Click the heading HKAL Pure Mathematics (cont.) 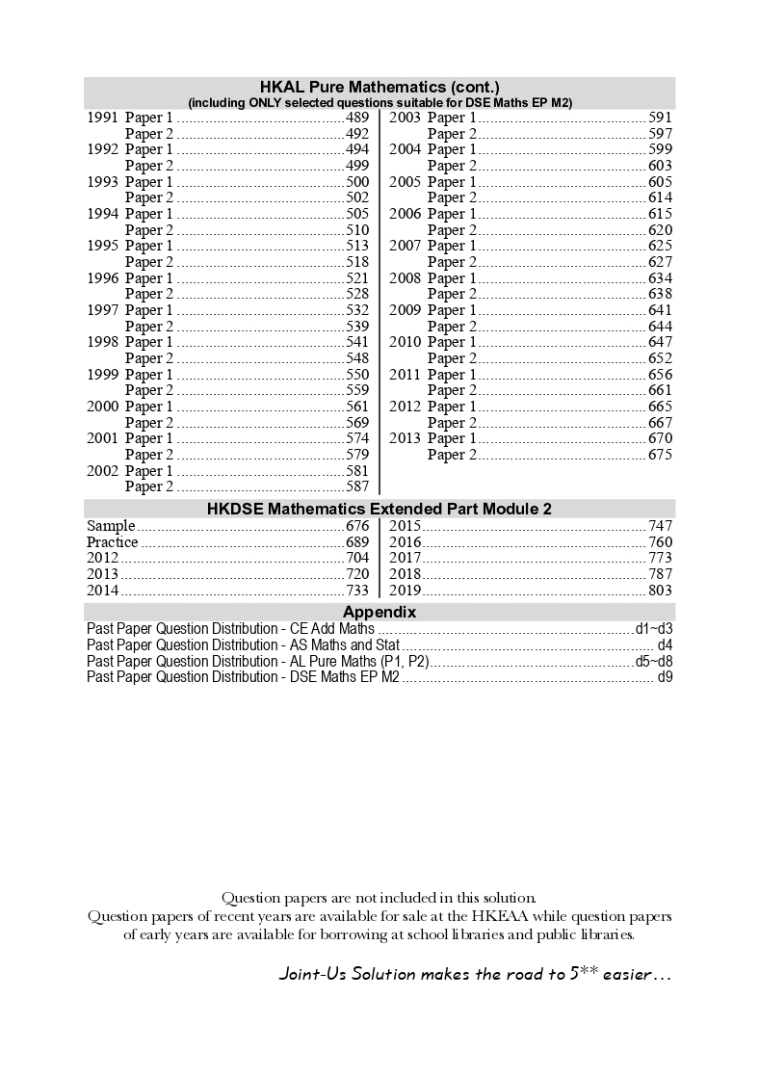[379, 86]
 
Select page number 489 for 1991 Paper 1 [356, 118]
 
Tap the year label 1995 [102, 246]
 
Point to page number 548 [356, 358]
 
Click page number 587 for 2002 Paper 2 [356, 487]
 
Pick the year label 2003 [405, 118]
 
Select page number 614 [660, 197]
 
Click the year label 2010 [405, 342]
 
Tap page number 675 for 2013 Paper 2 [660, 455]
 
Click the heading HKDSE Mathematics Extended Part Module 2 [379, 509]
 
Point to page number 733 [356, 591]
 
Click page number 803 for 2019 [660, 591]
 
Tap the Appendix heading [379, 612]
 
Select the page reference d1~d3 [653, 629]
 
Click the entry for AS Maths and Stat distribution [243, 644]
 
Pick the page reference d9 [665, 677]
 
